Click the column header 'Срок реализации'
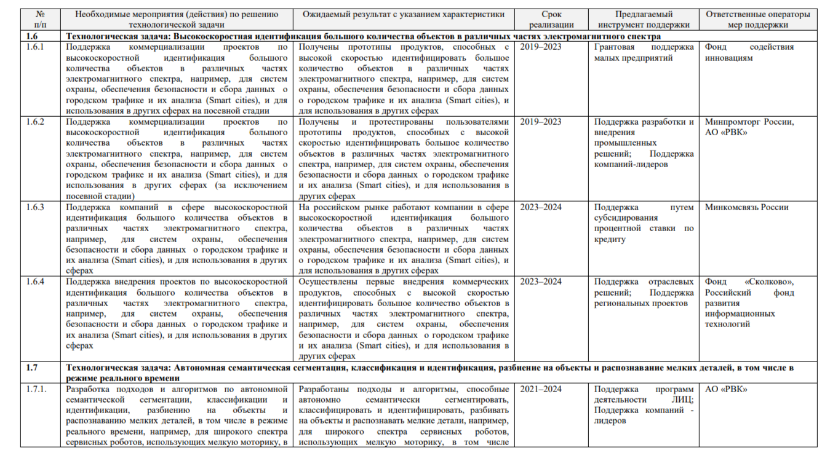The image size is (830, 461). coord(552,19)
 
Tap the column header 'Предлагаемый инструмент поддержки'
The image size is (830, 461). coord(644,19)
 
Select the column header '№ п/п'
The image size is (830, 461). coord(41,19)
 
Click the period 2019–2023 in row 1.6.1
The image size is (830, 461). coord(540,47)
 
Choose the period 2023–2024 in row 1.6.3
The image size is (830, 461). coord(540,207)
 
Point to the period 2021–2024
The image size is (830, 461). coord(540,389)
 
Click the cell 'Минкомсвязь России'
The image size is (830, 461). coord(746,207)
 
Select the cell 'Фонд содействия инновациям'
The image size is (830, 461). coord(749,52)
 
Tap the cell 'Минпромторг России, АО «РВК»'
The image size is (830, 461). coord(749,127)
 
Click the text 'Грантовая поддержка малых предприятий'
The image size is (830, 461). coord(644,52)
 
